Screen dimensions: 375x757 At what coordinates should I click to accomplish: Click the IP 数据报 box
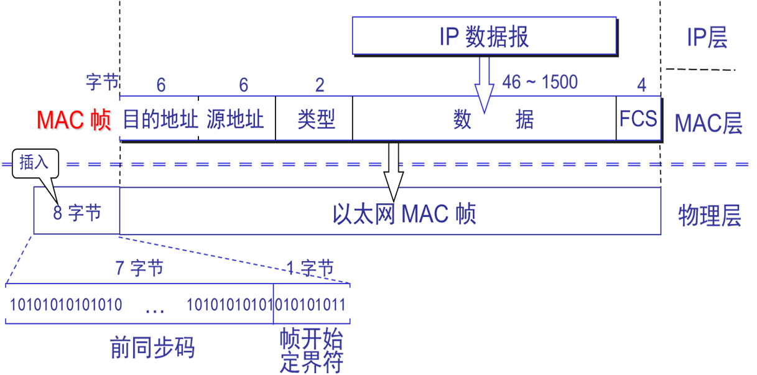(484, 37)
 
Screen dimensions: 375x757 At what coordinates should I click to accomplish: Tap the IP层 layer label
(707, 39)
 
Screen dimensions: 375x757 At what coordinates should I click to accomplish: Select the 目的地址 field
(160, 119)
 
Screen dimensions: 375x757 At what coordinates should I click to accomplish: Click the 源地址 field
(236, 119)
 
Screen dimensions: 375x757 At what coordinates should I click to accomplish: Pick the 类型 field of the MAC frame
(315, 119)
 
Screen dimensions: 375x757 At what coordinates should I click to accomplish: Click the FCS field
(638, 118)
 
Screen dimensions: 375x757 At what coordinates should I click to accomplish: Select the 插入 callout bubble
(34, 163)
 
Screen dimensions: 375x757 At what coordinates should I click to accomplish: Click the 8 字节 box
(77, 213)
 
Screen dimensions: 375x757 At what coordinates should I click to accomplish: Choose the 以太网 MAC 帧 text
(404, 213)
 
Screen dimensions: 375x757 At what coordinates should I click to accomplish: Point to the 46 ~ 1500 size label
(539, 82)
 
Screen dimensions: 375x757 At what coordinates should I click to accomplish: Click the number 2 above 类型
(319, 85)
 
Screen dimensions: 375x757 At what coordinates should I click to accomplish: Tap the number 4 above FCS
(641, 85)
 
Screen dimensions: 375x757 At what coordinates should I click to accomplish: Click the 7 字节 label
(139, 269)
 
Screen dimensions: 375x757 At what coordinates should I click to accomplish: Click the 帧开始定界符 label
(312, 352)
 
